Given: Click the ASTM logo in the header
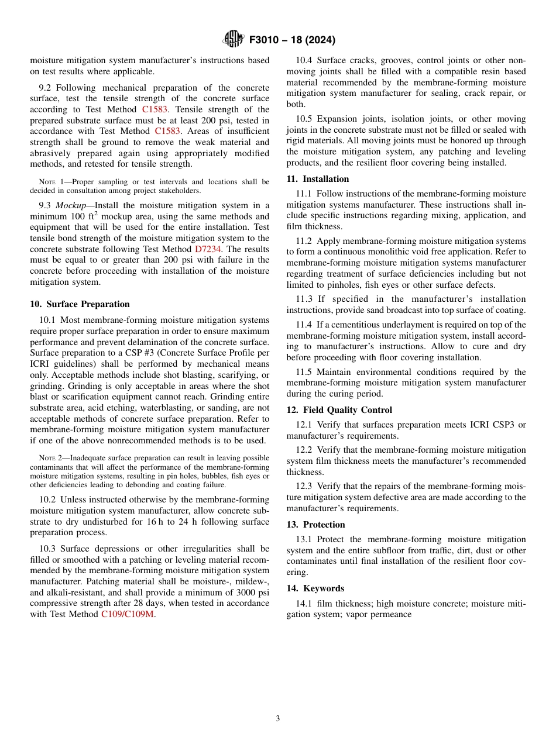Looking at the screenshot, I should pos(234,40).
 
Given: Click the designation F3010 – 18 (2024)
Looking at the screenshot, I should pos(292,40).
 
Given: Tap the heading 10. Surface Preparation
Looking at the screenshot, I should pos(80,304).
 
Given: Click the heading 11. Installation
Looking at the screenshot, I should pos(318,179).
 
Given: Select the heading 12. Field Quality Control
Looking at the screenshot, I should pos(339,410).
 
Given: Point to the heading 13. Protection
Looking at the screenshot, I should pos(315,525).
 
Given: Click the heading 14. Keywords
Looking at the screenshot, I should pos(315,588).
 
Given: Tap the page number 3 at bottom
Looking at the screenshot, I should pos(278,719).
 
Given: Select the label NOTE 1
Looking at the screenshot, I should pos(50,182).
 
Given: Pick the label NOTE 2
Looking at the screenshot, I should pos(50,458).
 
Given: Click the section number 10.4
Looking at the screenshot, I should pos(304,61).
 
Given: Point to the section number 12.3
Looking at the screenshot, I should pos(304,487).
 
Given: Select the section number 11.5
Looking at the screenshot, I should pos(304,372).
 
